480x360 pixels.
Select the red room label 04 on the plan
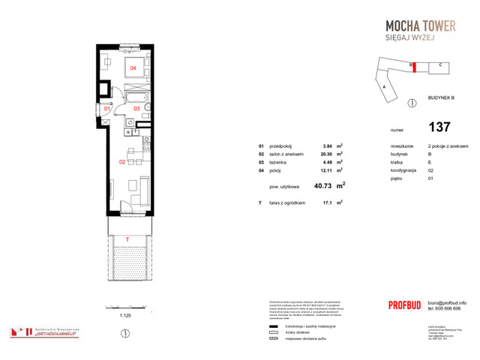[133, 68]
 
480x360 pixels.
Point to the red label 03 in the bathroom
[137, 109]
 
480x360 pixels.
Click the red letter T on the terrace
[127, 239]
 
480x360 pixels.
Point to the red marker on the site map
[412, 66]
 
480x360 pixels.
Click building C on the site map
[438, 65]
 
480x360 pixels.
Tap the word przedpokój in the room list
[280, 146]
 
